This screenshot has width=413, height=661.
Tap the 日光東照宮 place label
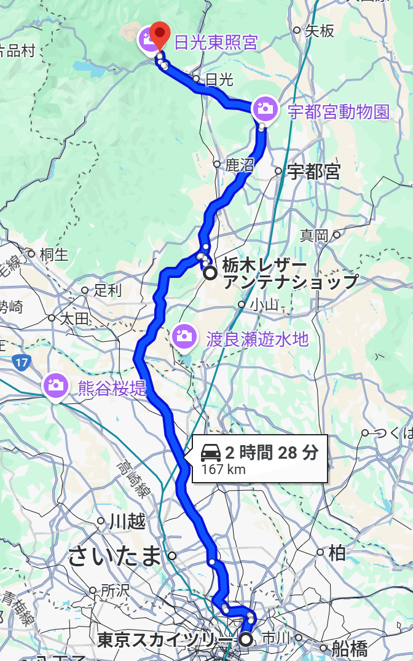coord(216,43)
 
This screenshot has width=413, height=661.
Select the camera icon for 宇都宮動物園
coord(264,108)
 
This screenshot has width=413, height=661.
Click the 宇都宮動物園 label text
coord(339,112)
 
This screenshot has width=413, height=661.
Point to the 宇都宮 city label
coord(313,172)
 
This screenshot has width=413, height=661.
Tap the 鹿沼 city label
coord(240,165)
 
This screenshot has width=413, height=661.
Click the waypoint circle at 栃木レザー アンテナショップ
coord(210,273)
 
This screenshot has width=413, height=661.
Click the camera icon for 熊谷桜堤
coord(55,386)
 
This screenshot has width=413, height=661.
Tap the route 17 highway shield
coord(22,363)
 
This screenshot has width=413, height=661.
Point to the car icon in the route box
coord(211,454)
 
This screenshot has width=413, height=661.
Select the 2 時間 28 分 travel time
coord(271,454)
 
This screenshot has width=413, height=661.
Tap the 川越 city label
coord(127,522)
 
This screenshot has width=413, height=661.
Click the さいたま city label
coord(114,556)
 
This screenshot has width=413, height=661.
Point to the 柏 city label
coord(337,553)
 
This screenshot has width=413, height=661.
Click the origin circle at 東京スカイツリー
coord(246,640)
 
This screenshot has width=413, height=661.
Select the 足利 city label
coord(108,290)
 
